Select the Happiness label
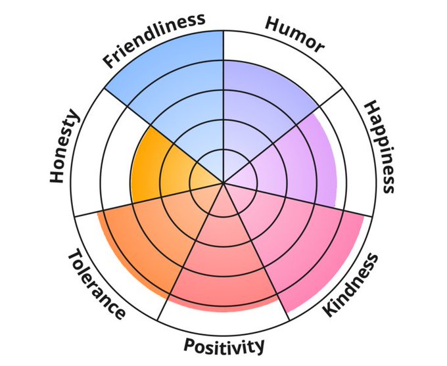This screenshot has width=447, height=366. point(380,147)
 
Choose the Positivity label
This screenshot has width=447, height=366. point(224,345)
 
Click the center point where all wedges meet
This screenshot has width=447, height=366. point(223,183)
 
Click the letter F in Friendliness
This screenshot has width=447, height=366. point(112,61)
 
